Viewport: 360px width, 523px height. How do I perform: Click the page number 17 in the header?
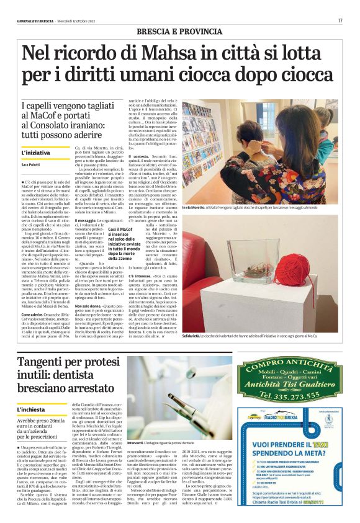(x=340, y=20)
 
